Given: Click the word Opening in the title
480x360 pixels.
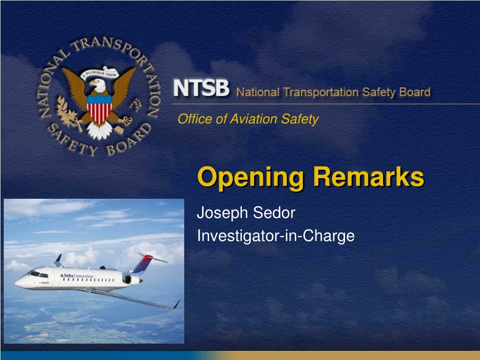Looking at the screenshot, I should click(x=251, y=178).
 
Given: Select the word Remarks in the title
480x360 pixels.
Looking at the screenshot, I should click(x=368, y=177).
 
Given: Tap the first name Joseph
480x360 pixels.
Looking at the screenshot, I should click(x=223, y=213).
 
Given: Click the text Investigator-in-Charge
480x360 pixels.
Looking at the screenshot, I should click(x=276, y=236).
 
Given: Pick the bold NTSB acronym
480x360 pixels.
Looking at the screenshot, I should click(x=202, y=89).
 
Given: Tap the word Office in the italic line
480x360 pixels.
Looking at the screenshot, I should click(x=195, y=120).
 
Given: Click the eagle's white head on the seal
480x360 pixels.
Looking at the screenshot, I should click(x=99, y=86).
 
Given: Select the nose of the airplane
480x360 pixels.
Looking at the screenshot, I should click(x=17, y=283).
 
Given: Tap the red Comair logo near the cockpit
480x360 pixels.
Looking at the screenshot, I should click(x=45, y=283).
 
